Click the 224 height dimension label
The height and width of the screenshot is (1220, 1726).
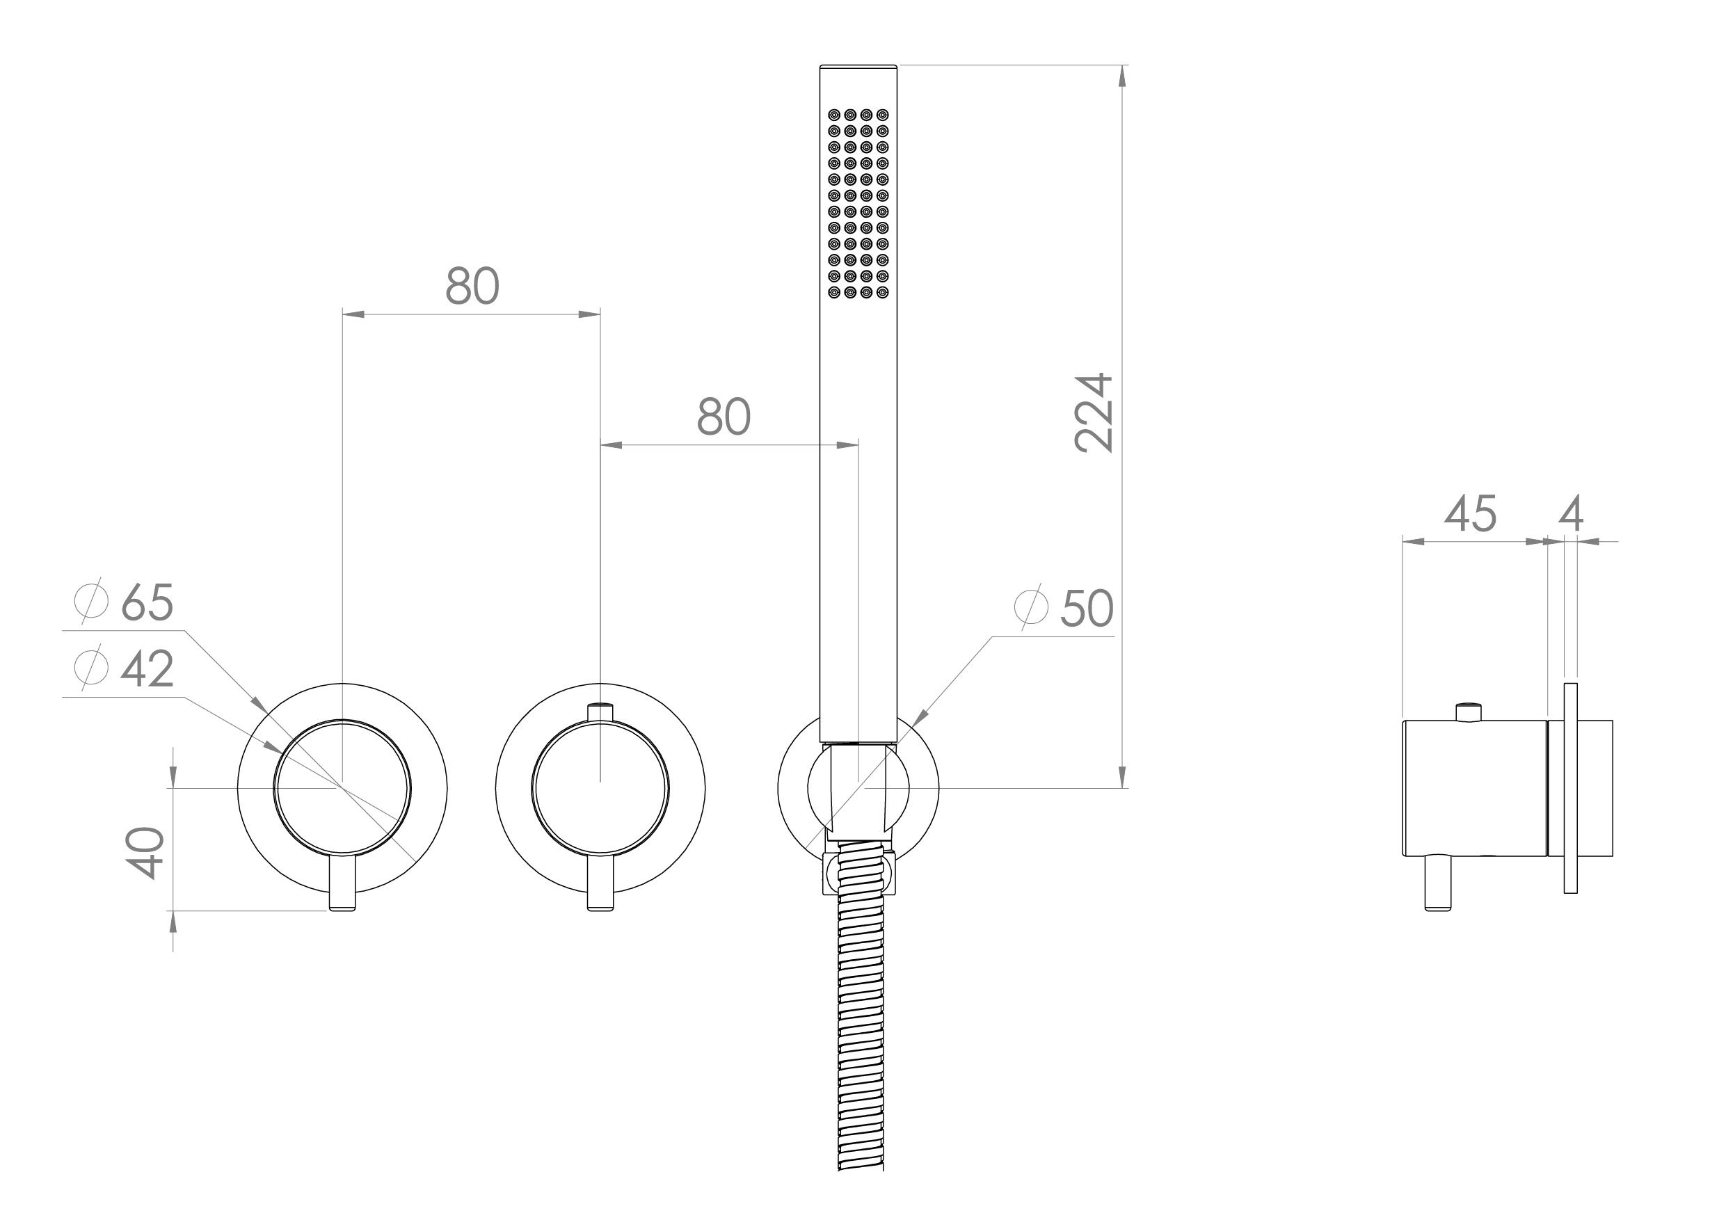click(1094, 412)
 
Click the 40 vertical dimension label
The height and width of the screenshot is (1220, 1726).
click(145, 853)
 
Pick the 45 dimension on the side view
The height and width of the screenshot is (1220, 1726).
click(1471, 513)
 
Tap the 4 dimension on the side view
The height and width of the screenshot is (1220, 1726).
click(1571, 513)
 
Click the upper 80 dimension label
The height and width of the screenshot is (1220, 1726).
click(472, 286)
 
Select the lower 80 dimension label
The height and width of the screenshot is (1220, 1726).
click(724, 417)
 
